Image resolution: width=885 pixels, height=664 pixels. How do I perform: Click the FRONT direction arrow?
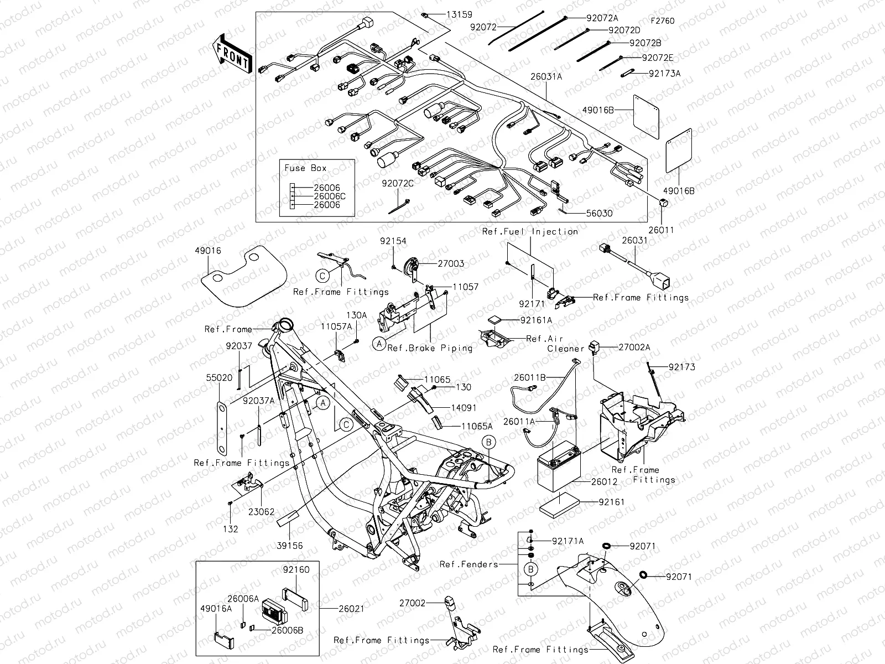click(232, 54)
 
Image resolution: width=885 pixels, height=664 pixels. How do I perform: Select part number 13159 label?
click(460, 15)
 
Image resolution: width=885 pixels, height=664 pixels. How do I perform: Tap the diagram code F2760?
click(662, 21)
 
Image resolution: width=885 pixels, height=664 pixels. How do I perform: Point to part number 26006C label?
click(329, 196)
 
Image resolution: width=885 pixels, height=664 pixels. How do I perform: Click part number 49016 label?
click(207, 251)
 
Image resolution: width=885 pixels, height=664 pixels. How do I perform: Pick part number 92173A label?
click(664, 73)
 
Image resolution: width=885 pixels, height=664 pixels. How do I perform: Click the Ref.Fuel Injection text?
click(530, 231)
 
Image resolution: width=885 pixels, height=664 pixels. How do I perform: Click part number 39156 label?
click(289, 546)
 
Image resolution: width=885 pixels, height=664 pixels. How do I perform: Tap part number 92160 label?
click(296, 569)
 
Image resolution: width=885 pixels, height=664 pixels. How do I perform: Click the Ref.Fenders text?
click(468, 564)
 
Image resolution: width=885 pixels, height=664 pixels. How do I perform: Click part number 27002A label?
click(634, 347)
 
